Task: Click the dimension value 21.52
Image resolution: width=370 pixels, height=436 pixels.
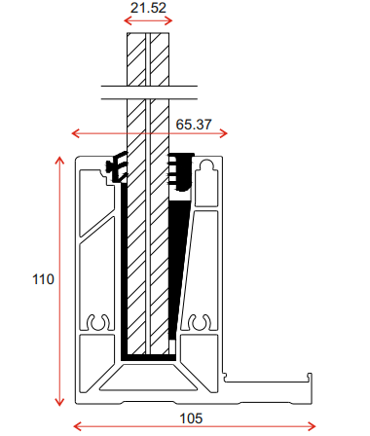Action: tap(148, 8)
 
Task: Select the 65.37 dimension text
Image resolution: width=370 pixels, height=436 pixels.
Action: tap(194, 125)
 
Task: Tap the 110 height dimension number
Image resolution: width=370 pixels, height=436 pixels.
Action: tap(43, 279)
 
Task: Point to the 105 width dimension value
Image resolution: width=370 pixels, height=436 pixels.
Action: tap(191, 418)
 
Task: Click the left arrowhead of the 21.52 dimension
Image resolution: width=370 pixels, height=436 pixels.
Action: tap(128, 21)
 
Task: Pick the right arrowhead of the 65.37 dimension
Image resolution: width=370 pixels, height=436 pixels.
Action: tap(224, 133)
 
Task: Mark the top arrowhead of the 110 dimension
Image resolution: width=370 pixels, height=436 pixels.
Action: tap(59, 161)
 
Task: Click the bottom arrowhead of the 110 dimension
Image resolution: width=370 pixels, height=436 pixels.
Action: tap(59, 402)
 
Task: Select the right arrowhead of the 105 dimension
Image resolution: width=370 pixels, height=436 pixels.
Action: tap(312, 426)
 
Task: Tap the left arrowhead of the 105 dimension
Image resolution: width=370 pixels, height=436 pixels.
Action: tap(77, 426)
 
